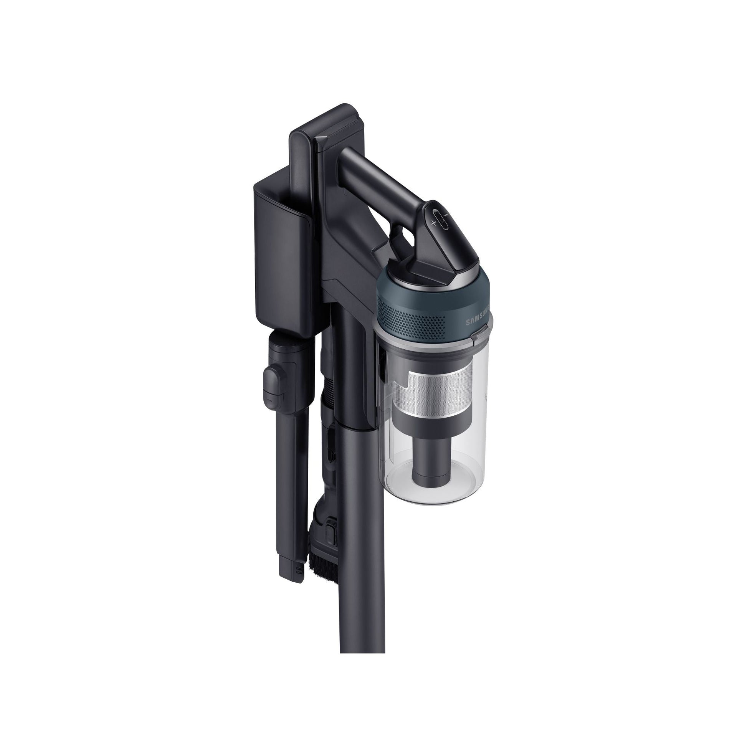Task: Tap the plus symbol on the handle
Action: click(433, 223)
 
